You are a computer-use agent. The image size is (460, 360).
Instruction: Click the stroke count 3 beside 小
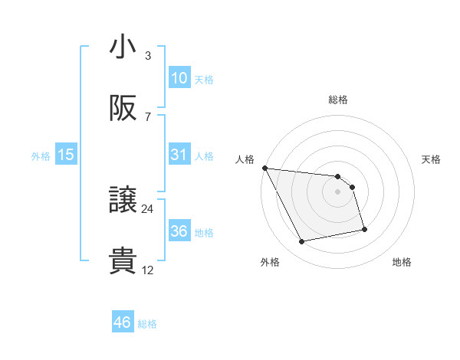click(148, 55)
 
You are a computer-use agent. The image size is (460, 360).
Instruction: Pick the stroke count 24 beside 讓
click(148, 208)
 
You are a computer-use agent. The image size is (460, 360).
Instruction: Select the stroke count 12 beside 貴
click(148, 270)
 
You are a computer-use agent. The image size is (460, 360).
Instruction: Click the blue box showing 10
click(179, 78)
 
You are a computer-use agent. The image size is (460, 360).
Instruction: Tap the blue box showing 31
click(179, 155)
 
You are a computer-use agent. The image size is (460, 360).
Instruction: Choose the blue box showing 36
click(179, 231)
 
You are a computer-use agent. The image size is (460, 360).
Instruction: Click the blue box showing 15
click(66, 155)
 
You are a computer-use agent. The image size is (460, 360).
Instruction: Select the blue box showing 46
click(123, 323)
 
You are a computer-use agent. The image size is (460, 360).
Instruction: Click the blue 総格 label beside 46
click(147, 324)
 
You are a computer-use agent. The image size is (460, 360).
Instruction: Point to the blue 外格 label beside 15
click(41, 155)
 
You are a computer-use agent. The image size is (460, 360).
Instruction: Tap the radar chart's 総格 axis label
click(338, 100)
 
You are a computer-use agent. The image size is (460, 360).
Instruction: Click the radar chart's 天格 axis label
click(432, 159)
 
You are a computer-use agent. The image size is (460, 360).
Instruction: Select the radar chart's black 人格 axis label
click(245, 159)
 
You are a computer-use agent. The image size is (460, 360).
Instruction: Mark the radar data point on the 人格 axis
click(264, 168)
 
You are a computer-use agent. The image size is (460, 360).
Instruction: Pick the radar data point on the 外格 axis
click(302, 242)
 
